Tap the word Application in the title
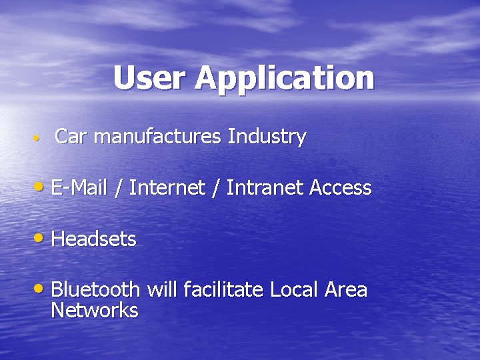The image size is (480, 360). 285,79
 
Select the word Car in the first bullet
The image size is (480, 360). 70,137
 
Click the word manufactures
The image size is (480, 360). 157,137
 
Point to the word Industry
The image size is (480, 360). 267,137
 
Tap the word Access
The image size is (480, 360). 340,188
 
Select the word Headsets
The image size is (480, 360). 93,239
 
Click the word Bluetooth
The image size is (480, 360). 95,289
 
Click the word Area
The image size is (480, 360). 345,289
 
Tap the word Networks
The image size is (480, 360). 95,310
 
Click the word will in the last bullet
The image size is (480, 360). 161,289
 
